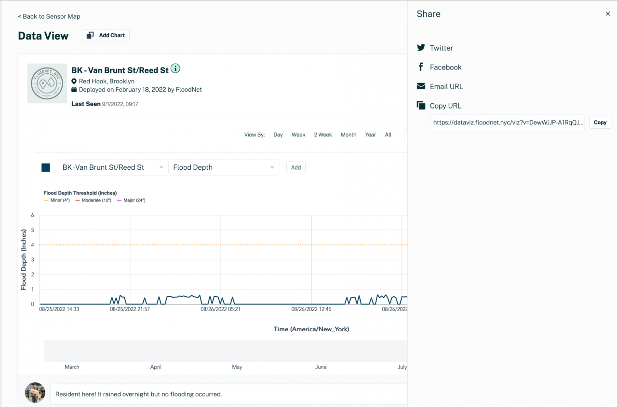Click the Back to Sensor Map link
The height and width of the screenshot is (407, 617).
tap(49, 16)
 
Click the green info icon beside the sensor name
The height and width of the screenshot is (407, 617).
tap(175, 68)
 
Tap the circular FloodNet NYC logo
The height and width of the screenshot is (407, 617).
tap(47, 83)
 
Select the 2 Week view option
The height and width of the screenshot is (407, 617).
tap(323, 135)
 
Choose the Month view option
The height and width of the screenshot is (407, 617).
tap(349, 135)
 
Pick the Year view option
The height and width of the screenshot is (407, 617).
tap(370, 135)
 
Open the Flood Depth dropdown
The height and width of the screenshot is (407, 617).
tap(223, 167)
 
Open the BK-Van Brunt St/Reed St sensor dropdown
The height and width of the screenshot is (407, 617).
tap(113, 167)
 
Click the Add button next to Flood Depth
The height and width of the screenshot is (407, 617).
tap(295, 167)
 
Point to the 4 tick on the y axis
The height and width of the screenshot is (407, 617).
tap(33, 245)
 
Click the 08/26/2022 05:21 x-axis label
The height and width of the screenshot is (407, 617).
tap(220, 309)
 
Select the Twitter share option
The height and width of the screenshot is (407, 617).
tap(441, 48)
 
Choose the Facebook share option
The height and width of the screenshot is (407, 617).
tap(445, 67)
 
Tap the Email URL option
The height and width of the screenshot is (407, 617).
tap(446, 86)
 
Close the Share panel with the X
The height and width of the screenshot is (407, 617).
tap(608, 14)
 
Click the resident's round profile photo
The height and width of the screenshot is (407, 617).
tap(35, 393)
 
